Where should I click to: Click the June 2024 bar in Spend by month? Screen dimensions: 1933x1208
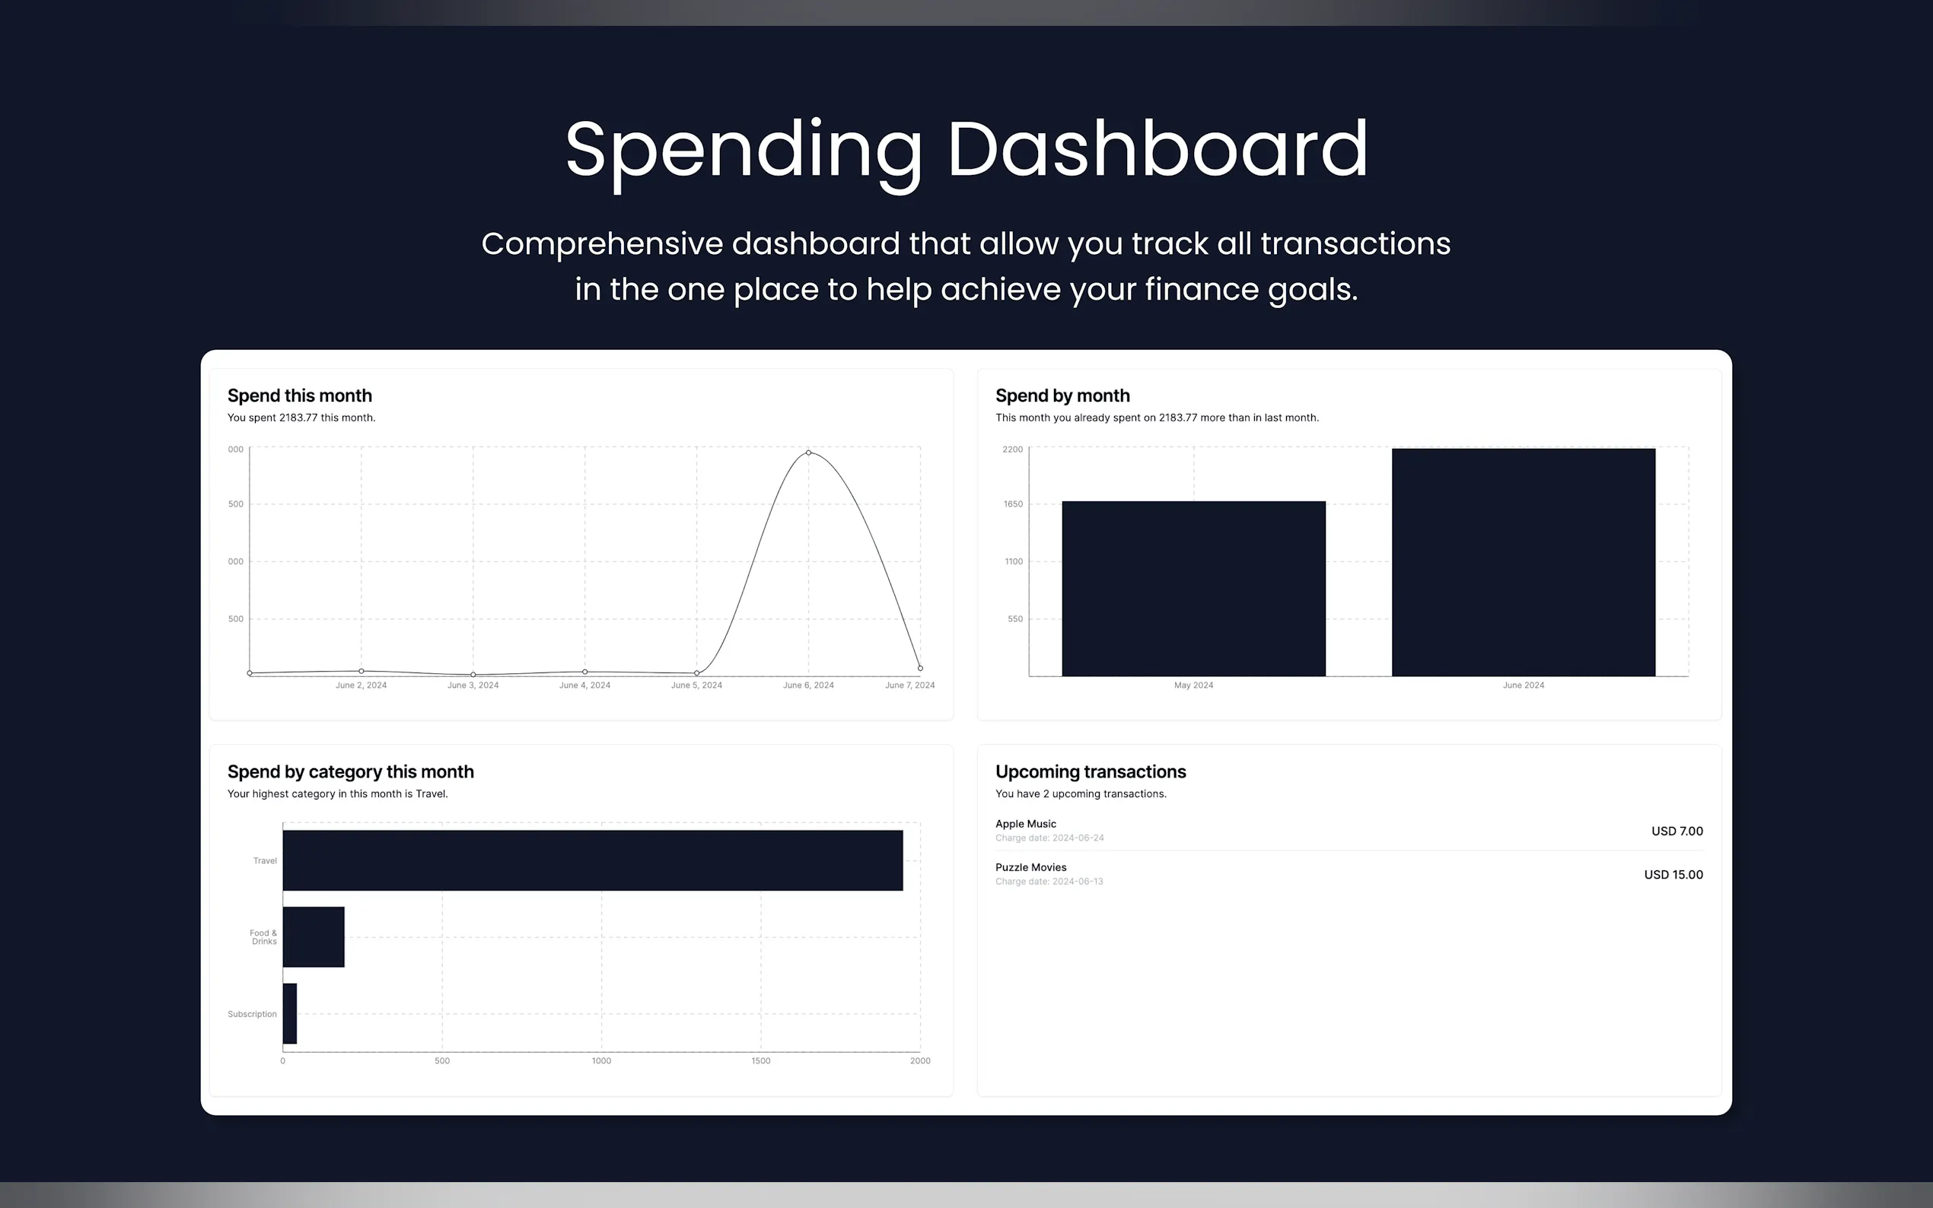click(x=1523, y=562)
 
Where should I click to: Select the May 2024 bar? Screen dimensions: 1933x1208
click(x=1194, y=589)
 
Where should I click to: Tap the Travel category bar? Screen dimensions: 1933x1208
click(x=593, y=860)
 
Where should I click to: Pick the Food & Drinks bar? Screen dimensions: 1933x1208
click(x=314, y=937)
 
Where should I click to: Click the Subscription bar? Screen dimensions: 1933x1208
click(x=290, y=1014)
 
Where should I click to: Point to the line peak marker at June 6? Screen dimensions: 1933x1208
click(x=809, y=453)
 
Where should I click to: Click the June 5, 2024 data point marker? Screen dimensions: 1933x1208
click(x=697, y=672)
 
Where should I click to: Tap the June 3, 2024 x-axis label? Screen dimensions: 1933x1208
click(x=473, y=685)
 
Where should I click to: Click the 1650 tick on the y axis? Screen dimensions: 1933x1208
click(x=1013, y=504)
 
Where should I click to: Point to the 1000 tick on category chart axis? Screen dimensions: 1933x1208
click(x=602, y=1061)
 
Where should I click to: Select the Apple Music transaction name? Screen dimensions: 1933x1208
click(x=1026, y=824)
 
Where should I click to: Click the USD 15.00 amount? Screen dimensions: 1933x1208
click(x=1673, y=875)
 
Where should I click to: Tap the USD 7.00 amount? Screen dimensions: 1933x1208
click(x=1677, y=831)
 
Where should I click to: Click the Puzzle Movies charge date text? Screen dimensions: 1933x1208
click(x=1049, y=882)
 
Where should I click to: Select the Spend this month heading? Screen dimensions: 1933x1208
click(x=300, y=396)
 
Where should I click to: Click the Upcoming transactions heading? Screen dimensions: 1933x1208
click(x=1091, y=772)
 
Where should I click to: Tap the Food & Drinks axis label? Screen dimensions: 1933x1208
click(x=264, y=937)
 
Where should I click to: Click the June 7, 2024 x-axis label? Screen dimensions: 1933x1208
click(x=910, y=685)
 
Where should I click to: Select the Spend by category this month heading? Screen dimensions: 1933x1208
click(x=351, y=772)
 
